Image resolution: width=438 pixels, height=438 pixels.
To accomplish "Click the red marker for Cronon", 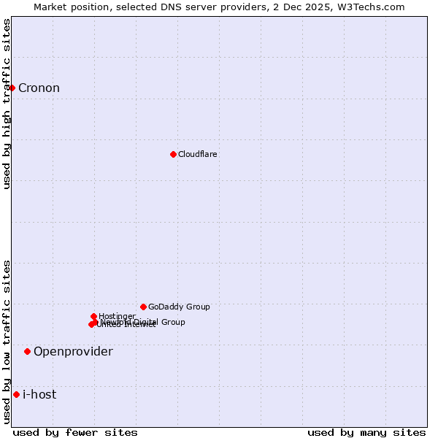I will [x=12, y=88].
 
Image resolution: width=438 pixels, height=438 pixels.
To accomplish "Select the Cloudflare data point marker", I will [x=173, y=154].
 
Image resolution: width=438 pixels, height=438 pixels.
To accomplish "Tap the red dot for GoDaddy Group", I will [x=143, y=307].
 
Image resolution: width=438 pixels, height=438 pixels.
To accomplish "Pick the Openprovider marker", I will [x=27, y=351].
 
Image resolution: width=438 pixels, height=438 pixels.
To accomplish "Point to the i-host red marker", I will [x=16, y=394].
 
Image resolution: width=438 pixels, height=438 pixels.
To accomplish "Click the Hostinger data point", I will [x=94, y=316].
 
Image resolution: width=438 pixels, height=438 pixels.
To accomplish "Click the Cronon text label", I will [x=39, y=88].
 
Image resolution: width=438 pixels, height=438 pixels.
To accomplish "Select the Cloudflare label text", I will [x=198, y=154].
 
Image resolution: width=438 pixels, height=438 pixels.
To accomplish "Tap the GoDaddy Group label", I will [x=179, y=307].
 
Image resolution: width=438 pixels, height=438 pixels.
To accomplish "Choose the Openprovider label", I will [x=73, y=352].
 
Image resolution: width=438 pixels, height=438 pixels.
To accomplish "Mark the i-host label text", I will [x=39, y=395].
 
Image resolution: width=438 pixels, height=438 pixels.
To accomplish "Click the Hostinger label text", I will [x=117, y=316].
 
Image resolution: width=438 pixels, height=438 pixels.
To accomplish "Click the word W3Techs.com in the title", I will [x=372, y=7].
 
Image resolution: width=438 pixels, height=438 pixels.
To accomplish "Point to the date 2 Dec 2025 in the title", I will [x=307, y=7].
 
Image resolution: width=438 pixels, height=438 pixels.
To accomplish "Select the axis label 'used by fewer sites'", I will [x=75, y=432].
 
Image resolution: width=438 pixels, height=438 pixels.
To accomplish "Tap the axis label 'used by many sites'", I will [x=366, y=432].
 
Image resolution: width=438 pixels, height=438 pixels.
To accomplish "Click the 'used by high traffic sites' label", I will [x=7, y=104].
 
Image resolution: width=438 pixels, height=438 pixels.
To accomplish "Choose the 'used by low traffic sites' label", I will [x=7, y=342].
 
